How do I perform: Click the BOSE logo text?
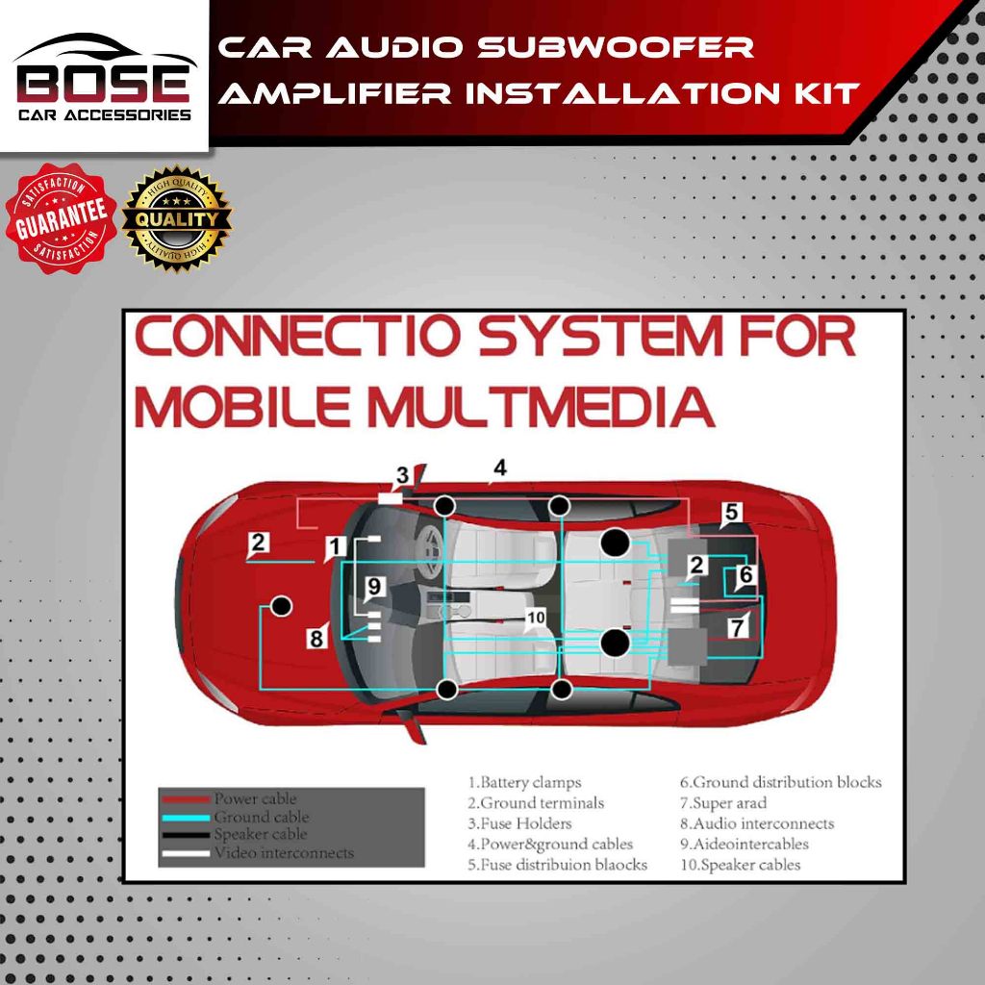tap(103, 84)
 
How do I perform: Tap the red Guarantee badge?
tap(60, 218)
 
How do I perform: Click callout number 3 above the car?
tap(403, 475)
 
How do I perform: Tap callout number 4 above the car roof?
tap(498, 468)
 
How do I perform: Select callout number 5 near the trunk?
tap(731, 513)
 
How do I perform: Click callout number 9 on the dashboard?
tap(374, 585)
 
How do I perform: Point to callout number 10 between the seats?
tap(536, 617)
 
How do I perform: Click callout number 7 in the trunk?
tap(737, 626)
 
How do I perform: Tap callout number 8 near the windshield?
tap(316, 636)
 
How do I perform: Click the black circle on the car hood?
tap(281, 605)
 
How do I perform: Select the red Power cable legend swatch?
tap(185, 799)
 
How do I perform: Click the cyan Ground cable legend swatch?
tap(185, 818)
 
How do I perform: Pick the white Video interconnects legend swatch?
tap(185, 853)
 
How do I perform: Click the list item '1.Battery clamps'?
tap(524, 783)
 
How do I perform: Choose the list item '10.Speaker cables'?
tap(739, 864)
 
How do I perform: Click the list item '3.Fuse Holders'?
tap(519, 823)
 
